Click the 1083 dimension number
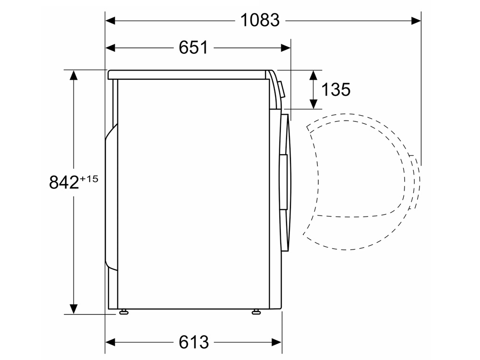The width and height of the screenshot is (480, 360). pyautogui.click(x=260, y=21)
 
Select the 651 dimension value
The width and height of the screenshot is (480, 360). pyautogui.click(x=193, y=48)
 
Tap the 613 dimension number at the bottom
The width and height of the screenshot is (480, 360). pyautogui.click(x=194, y=342)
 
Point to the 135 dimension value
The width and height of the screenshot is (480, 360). pyautogui.click(x=336, y=90)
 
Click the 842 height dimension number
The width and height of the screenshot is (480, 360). pyautogui.click(x=64, y=182)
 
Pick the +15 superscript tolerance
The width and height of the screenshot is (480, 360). pyautogui.click(x=89, y=179)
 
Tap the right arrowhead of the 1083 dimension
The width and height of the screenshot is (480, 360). pyautogui.click(x=416, y=21)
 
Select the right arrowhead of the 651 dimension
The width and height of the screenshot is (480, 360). pyautogui.click(x=286, y=48)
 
